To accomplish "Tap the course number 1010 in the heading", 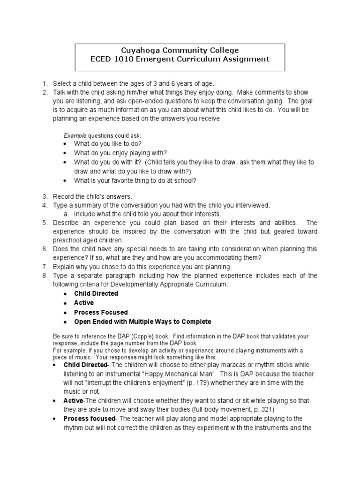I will coord(127,59).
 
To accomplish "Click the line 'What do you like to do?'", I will coord(107,144).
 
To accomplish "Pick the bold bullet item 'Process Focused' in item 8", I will coord(101,312).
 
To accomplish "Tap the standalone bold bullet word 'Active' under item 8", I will coord(84,303).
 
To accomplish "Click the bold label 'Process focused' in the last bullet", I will coord(89,419).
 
